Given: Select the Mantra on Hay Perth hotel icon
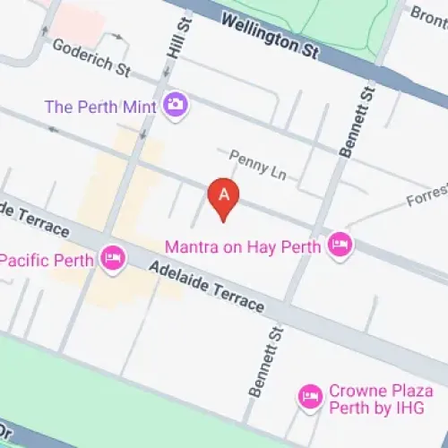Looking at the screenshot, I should (x=339, y=244).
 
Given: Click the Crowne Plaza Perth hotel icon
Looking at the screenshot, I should (x=310, y=395).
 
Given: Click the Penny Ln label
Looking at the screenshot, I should (x=256, y=166).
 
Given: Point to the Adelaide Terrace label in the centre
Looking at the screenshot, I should (x=207, y=286).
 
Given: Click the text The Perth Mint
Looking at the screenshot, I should (x=100, y=107).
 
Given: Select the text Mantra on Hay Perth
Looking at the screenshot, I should (x=242, y=245).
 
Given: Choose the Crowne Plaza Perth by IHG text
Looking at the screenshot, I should (x=380, y=399).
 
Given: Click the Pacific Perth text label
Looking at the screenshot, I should (x=47, y=260).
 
